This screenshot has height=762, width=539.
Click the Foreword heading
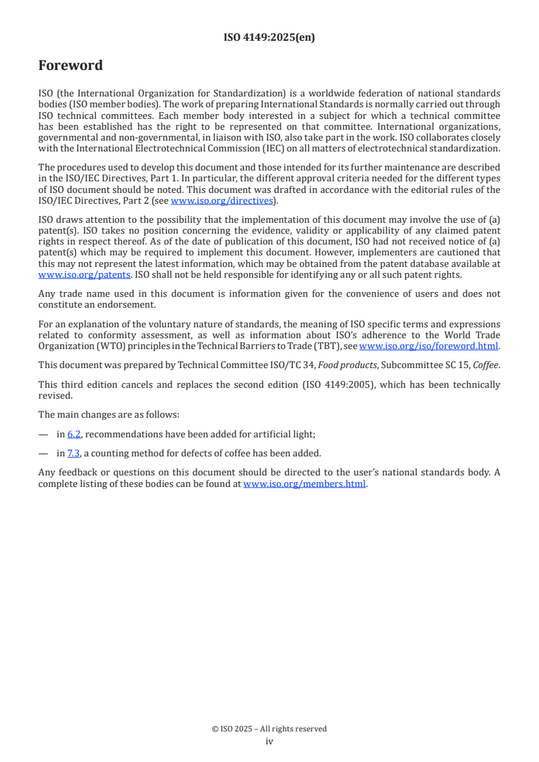71,66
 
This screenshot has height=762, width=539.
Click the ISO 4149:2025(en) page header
269,38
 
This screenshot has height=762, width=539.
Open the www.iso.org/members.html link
305,484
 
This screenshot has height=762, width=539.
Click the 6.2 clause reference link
74,434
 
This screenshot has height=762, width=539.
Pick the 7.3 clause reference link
74,453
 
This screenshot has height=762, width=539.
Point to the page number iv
269,742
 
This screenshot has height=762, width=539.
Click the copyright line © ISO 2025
269,729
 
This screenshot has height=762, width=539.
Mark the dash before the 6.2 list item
44,434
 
